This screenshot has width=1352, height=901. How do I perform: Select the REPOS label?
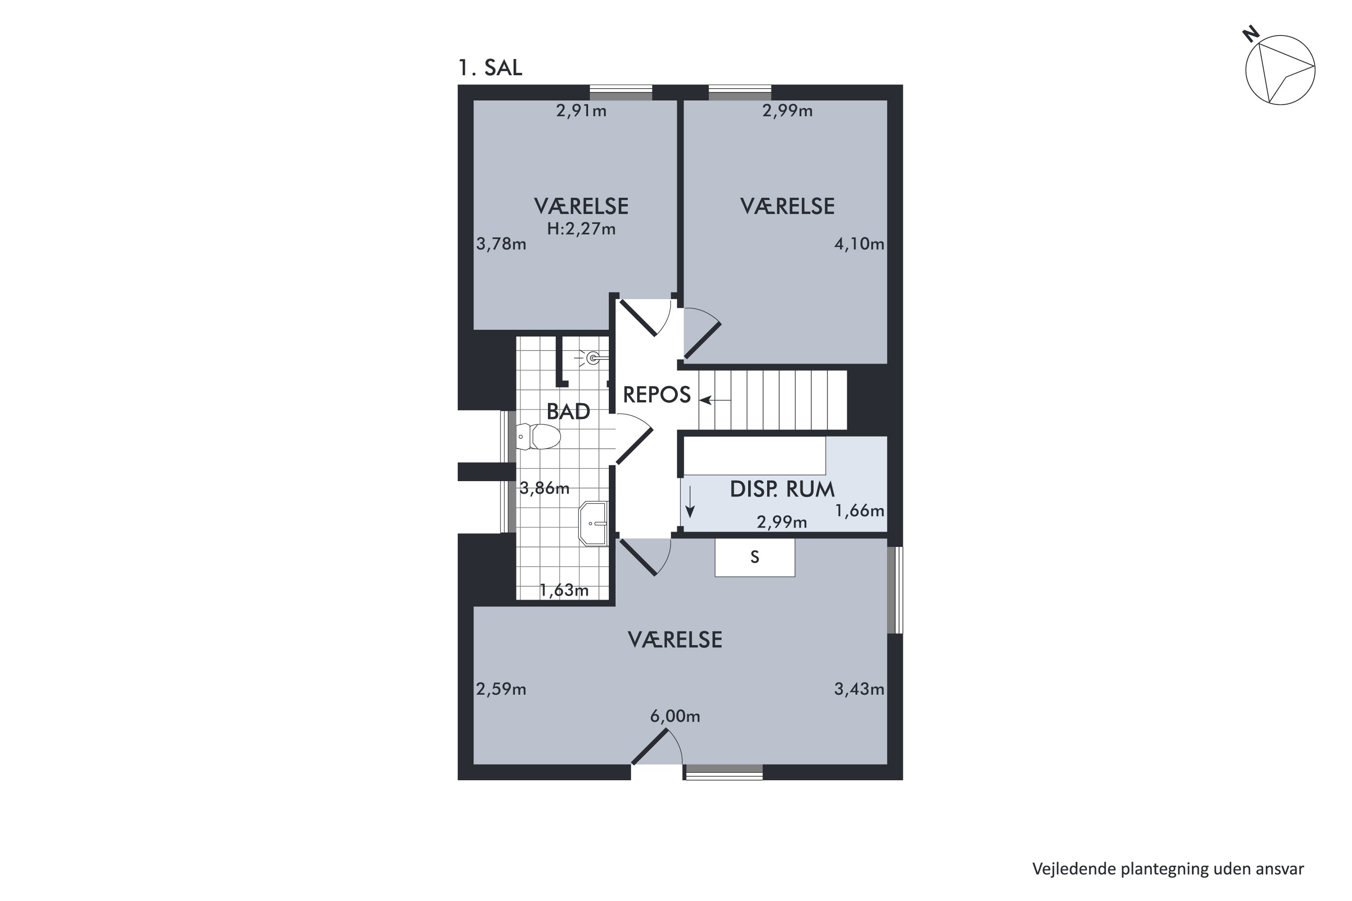click(x=657, y=395)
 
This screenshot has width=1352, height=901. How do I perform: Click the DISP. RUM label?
click(x=782, y=489)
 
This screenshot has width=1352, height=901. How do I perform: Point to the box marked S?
click(x=755, y=557)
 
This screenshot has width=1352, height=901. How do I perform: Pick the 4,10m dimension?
click(x=859, y=244)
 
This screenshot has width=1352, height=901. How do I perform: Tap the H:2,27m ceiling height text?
click(x=581, y=229)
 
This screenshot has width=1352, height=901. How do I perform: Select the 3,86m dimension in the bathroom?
click(x=544, y=488)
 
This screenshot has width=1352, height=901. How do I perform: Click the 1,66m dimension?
click(x=859, y=511)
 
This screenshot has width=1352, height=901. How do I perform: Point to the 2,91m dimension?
click(x=581, y=111)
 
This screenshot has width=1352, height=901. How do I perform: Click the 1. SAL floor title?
click(x=490, y=68)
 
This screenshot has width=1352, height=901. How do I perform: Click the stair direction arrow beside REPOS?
click(x=714, y=400)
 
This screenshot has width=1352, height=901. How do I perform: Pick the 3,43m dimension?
click(x=859, y=689)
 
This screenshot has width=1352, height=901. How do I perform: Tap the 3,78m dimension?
click(x=501, y=244)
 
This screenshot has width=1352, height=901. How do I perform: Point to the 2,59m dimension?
click(x=501, y=689)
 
